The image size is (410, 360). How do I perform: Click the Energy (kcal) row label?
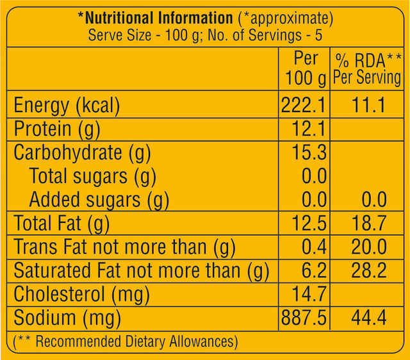coord(67,106)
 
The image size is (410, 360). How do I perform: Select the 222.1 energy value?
coord(304,106)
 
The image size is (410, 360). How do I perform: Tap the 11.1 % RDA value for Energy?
coord(368,106)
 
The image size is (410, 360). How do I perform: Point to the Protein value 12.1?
coord(310,129)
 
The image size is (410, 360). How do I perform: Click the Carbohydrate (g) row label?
coord(81,153)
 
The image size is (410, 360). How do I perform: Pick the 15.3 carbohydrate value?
coord(310,153)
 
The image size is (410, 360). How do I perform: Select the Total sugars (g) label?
coord(93,176)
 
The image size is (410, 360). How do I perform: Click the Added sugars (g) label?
coord(99,200)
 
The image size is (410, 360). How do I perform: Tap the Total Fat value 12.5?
coord(310,224)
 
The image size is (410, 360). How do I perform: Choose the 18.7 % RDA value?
coord(368,224)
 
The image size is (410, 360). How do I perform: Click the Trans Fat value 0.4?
coord(314,247)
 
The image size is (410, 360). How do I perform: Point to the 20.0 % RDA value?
coord(368,247)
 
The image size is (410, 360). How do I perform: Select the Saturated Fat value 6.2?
coord(314,270)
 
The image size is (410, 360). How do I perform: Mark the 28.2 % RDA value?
coord(368,270)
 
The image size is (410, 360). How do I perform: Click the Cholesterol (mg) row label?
coord(81,294)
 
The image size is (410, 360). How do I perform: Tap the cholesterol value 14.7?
coord(310,294)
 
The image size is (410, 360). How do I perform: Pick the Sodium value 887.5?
coord(304,318)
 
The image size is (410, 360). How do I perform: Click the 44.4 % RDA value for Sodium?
coord(368,318)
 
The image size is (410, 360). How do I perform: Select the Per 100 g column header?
coord(305,68)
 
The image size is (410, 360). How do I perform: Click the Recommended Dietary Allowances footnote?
coord(126,341)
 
